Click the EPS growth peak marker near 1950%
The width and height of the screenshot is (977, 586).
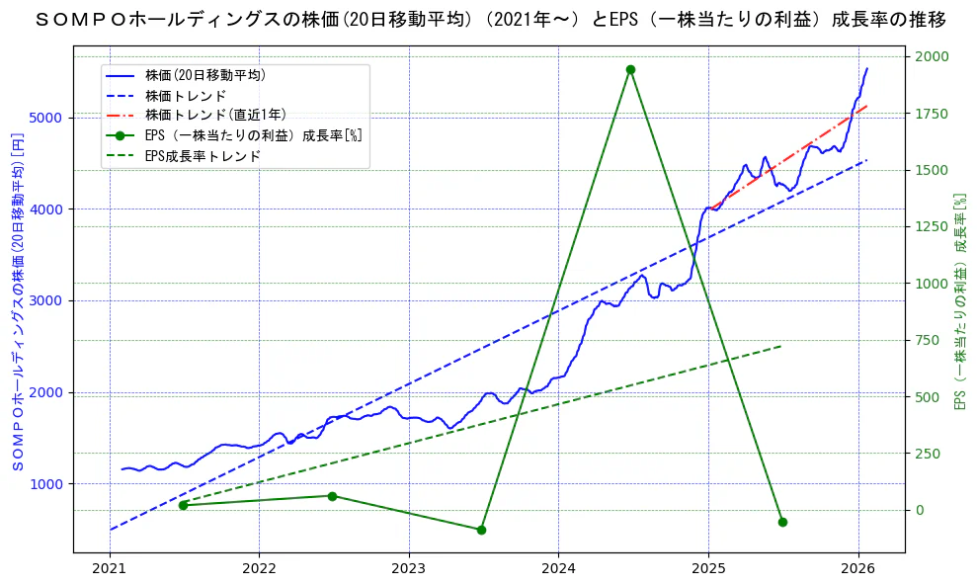[630, 69]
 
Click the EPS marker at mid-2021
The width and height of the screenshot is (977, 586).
[183, 505]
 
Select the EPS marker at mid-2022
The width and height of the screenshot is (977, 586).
[332, 496]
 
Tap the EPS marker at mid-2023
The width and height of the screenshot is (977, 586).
[481, 530]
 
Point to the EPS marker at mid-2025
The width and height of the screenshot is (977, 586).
[782, 522]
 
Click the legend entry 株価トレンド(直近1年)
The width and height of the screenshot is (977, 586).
[215, 116]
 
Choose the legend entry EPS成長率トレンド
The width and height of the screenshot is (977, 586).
[203, 156]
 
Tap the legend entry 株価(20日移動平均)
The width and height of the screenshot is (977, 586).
[204, 75]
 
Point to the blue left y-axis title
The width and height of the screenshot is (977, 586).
[18, 301]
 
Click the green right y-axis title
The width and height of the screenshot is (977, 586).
[958, 301]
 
